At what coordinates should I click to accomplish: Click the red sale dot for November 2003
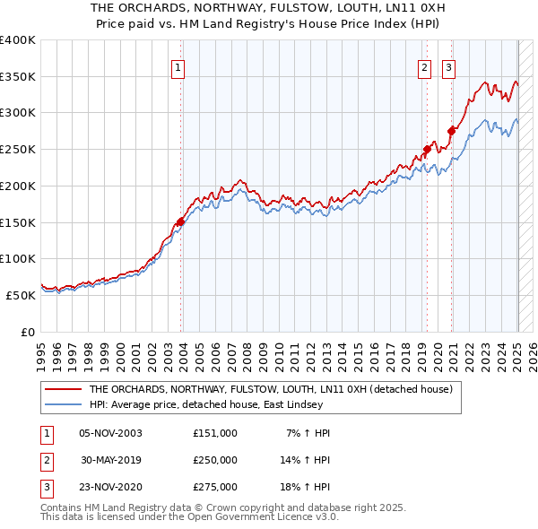pyautogui.click(x=181, y=221)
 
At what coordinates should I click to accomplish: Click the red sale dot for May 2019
pyautogui.click(x=427, y=150)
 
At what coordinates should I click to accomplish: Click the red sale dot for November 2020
pyautogui.click(x=451, y=131)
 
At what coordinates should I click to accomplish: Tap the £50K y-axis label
pyautogui.click(x=21, y=294)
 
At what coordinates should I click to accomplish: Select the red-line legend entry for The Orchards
pyautogui.click(x=270, y=389)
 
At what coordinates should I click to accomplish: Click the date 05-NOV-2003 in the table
pyautogui.click(x=110, y=433)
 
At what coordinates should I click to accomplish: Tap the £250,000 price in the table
pyautogui.click(x=215, y=460)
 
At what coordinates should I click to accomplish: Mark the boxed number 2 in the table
pyautogui.click(x=45, y=460)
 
